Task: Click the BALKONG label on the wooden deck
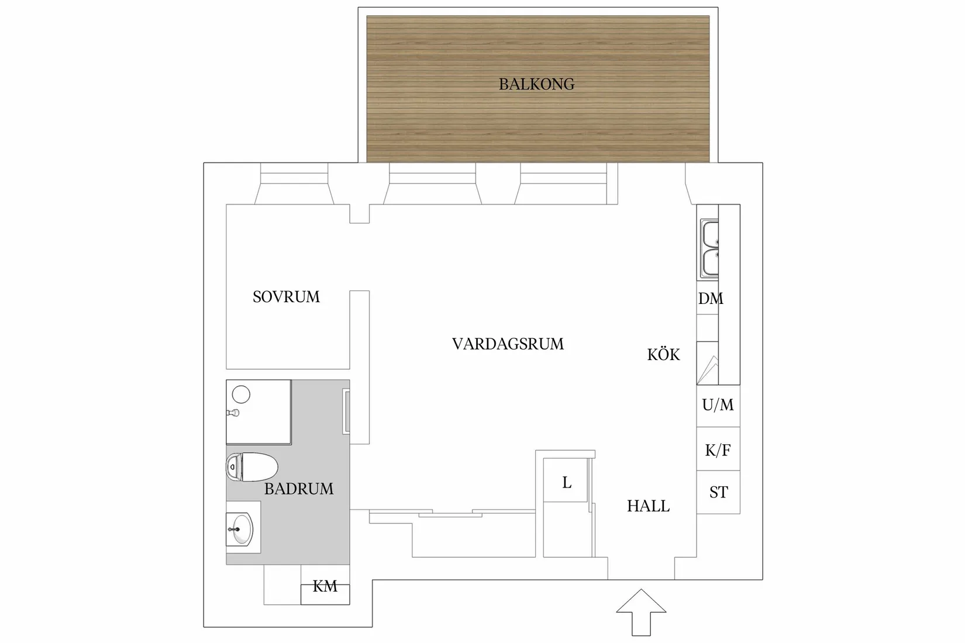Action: [x=536, y=84]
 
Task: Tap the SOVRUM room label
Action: [x=286, y=297]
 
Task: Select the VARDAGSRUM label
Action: [x=508, y=344]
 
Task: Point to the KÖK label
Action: [x=663, y=355]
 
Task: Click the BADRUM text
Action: [x=299, y=489]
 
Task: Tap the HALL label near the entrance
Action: [x=648, y=506]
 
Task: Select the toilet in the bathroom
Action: [x=251, y=466]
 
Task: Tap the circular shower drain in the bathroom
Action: [x=241, y=395]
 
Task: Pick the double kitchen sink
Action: [x=709, y=248]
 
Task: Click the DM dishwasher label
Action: [x=710, y=299]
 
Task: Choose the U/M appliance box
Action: [x=718, y=405]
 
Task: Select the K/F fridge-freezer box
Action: [x=718, y=450]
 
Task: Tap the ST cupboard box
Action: [x=718, y=493]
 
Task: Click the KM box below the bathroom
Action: [x=325, y=586]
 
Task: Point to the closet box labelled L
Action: [x=566, y=482]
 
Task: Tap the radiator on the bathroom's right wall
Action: [x=347, y=412]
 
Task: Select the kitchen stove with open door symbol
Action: [x=708, y=362]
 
